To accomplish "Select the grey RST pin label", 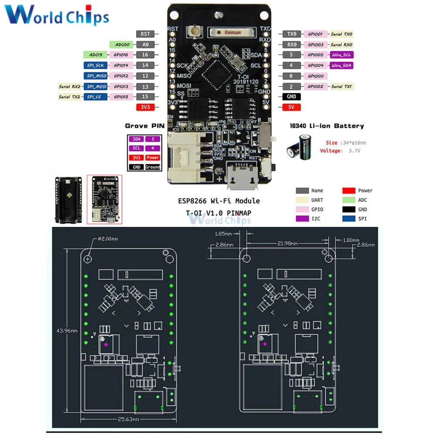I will [145, 34].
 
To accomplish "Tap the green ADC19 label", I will [95, 55].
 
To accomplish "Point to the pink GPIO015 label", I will [121, 97].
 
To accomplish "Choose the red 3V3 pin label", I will [145, 107].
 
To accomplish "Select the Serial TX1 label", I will [341, 86].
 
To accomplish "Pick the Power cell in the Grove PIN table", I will [153, 157].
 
